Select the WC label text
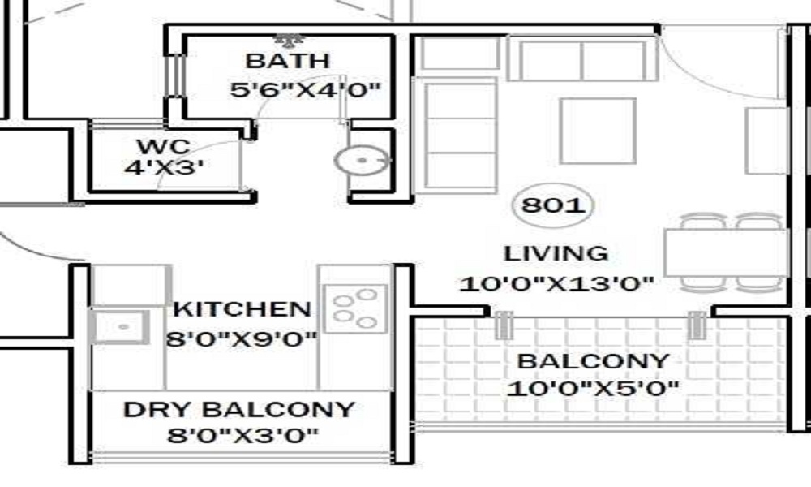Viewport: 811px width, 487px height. (163, 149)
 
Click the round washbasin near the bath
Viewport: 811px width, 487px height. (362, 162)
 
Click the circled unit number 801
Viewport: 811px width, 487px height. (553, 206)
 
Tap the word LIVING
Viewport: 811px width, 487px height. (556, 253)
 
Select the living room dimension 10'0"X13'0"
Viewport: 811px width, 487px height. (556, 284)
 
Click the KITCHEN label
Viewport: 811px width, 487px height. (242, 309)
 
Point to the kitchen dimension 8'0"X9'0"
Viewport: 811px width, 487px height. (241, 338)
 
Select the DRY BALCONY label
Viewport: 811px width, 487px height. (239, 409)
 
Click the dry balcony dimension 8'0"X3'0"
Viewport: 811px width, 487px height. (242, 436)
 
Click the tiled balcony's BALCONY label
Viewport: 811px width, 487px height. (593, 361)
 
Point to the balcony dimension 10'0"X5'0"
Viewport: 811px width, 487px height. (593, 389)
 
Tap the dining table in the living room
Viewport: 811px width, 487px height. (726, 252)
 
